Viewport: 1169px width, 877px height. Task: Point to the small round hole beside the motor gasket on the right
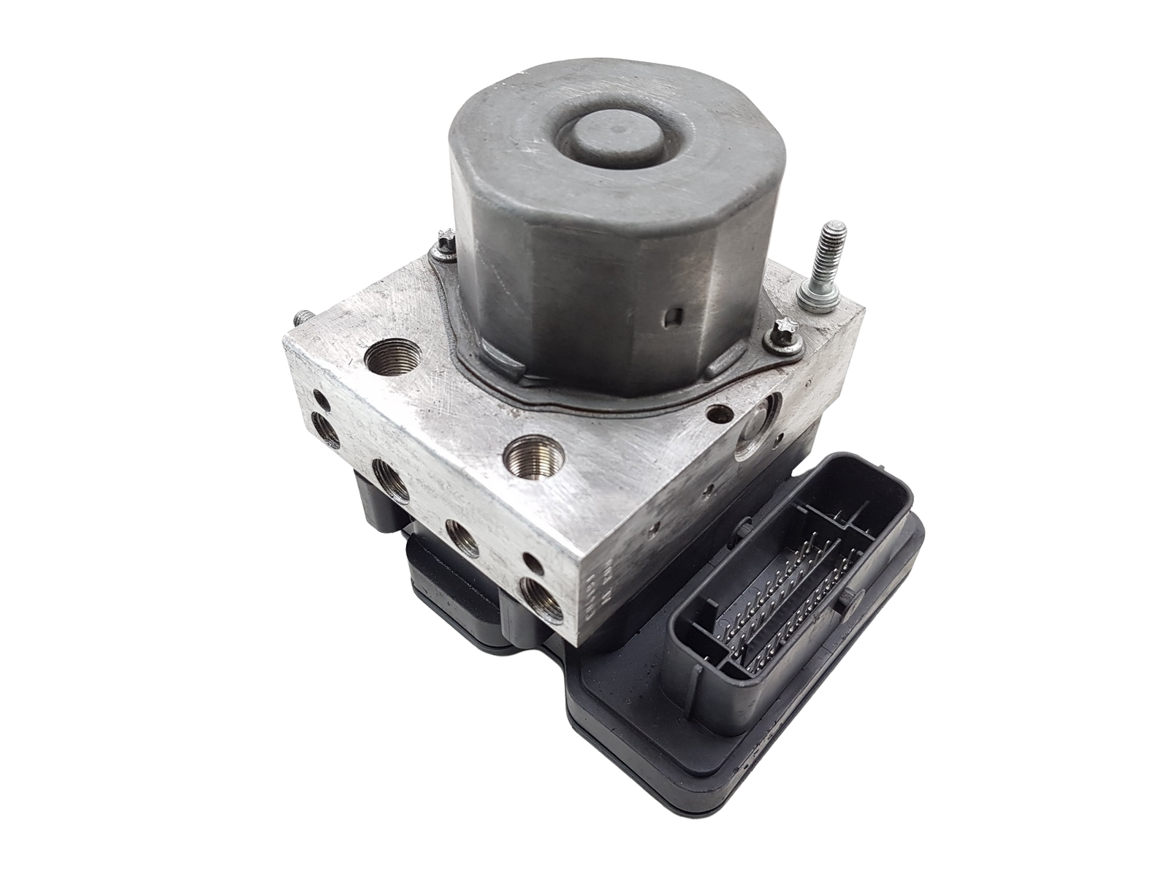[721, 411]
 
